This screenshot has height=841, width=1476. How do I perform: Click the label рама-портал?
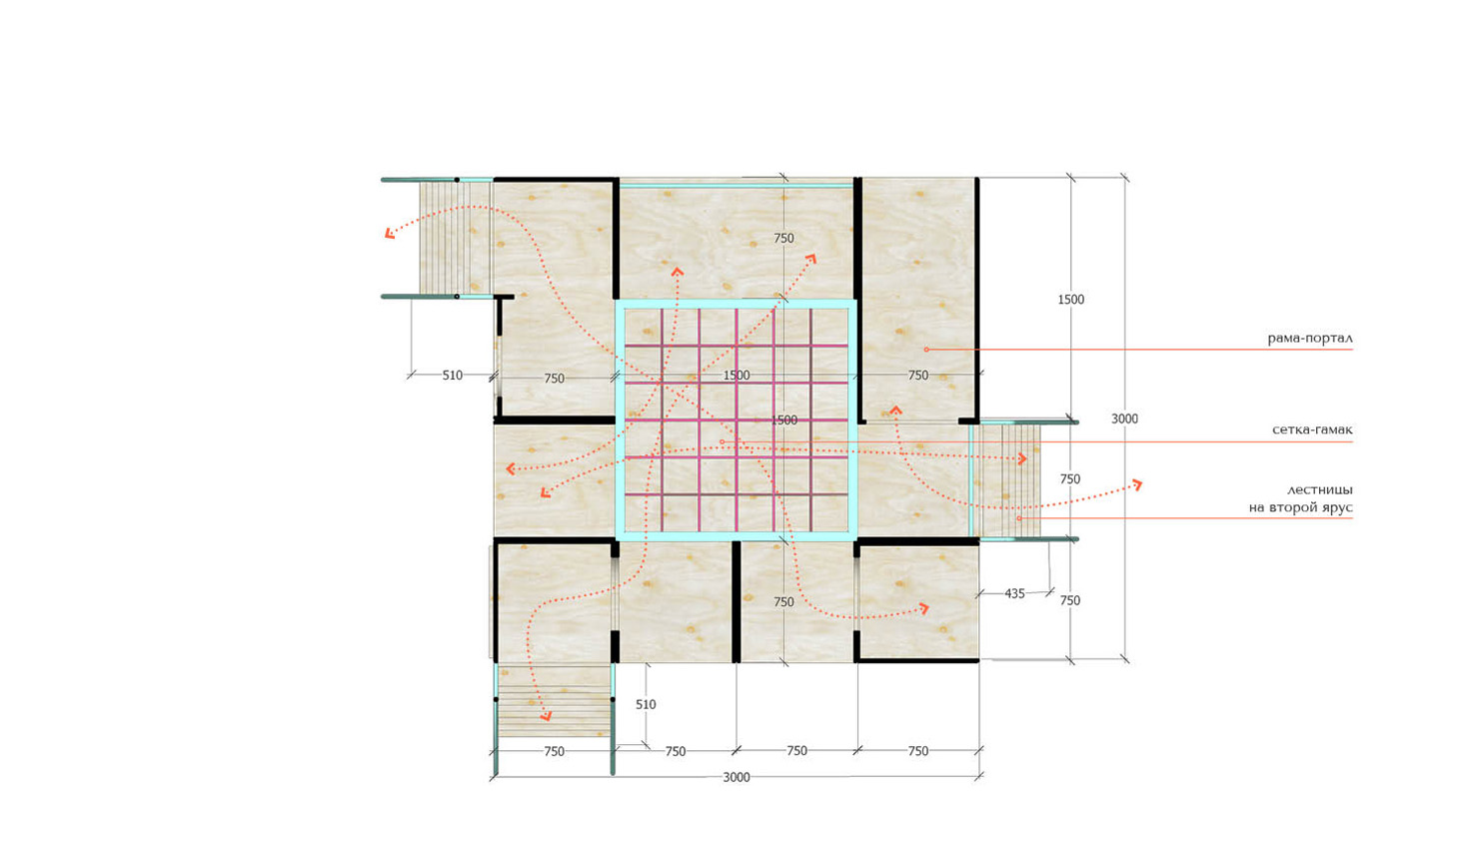(x=1310, y=339)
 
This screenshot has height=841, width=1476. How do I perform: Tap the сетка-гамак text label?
(x=1312, y=430)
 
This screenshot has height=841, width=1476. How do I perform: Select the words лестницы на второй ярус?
(x=1301, y=498)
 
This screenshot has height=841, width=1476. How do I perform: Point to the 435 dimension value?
(x=1014, y=593)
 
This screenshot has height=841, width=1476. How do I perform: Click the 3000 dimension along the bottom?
(x=737, y=777)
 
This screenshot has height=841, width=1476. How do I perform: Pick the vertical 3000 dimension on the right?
(x=1124, y=419)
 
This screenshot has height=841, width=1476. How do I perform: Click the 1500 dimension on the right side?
(x=1070, y=300)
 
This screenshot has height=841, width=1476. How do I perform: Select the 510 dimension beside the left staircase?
(x=452, y=376)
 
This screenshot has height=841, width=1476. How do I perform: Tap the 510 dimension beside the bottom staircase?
(x=646, y=705)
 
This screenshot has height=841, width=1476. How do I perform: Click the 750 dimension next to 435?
(x=1070, y=600)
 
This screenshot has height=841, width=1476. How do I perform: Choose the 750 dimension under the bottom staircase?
(x=555, y=751)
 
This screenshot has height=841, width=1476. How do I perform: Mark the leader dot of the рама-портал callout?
(x=925, y=350)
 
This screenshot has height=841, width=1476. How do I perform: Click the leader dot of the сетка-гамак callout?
(x=723, y=441)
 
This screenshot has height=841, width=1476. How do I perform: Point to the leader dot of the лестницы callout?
(x=1018, y=518)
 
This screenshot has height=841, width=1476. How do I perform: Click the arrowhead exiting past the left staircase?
(x=390, y=233)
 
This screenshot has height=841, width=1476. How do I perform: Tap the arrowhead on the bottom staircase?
(x=546, y=716)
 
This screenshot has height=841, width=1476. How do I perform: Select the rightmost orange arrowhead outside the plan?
(x=1136, y=484)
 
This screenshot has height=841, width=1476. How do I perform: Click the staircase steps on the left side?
(x=456, y=237)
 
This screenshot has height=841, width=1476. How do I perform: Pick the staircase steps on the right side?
(x=1007, y=480)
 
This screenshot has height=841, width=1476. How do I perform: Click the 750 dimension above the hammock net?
(x=783, y=239)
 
